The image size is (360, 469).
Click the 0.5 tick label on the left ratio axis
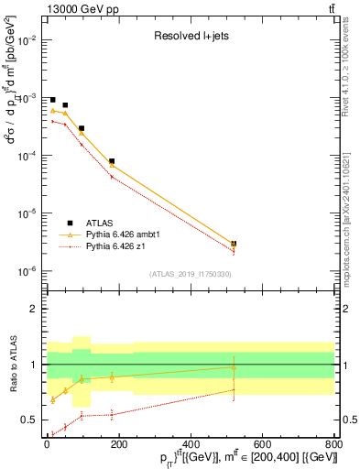pyautogui.click(x=30, y=420)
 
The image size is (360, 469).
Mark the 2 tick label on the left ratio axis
pyautogui.click(x=34, y=309)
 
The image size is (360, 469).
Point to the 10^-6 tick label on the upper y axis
pyautogui.click(x=26, y=271)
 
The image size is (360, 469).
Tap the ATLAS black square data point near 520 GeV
pyautogui.click(x=234, y=245)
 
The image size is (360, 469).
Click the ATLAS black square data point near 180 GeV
pyautogui.click(x=112, y=161)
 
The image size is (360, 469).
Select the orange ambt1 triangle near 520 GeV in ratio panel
pyautogui.click(x=234, y=367)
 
